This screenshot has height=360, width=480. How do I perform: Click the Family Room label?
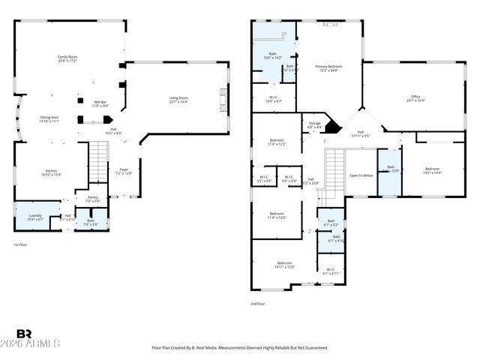tap(68, 58)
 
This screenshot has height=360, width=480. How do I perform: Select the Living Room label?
tap(178, 100)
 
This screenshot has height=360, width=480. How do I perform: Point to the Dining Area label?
tap(49, 118)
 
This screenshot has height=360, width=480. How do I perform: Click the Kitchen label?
tap(49, 172)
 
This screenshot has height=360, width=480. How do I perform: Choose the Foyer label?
tap(124, 171)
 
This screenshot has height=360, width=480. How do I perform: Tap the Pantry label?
tap(92, 199)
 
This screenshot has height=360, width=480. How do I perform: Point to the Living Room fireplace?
tap(221, 99)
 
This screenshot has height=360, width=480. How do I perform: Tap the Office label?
tap(415, 98)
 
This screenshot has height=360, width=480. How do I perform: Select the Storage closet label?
tap(314, 124)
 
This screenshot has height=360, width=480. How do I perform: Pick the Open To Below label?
tap(361, 175)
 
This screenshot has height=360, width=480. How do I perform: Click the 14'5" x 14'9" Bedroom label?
tap(433, 170)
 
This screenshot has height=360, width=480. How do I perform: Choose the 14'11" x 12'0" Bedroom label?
tap(284, 264)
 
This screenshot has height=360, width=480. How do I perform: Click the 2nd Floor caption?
tap(258, 304)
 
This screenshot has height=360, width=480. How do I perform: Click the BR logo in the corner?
tap(24, 334)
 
